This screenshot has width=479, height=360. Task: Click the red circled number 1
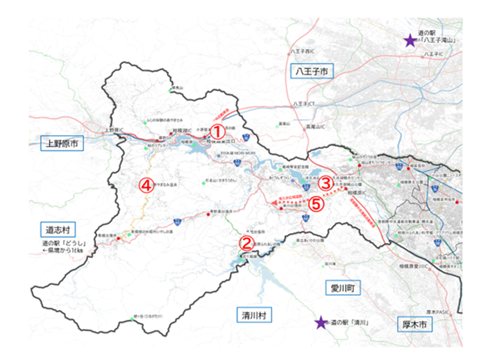coord(217,130)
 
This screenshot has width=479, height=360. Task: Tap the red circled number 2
coord(246,243)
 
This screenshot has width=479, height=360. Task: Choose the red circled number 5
coord(316,205)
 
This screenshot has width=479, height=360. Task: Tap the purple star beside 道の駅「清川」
coord(320,323)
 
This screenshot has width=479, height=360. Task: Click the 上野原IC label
coord(113,130)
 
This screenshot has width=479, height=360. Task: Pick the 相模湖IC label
coord(180,130)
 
